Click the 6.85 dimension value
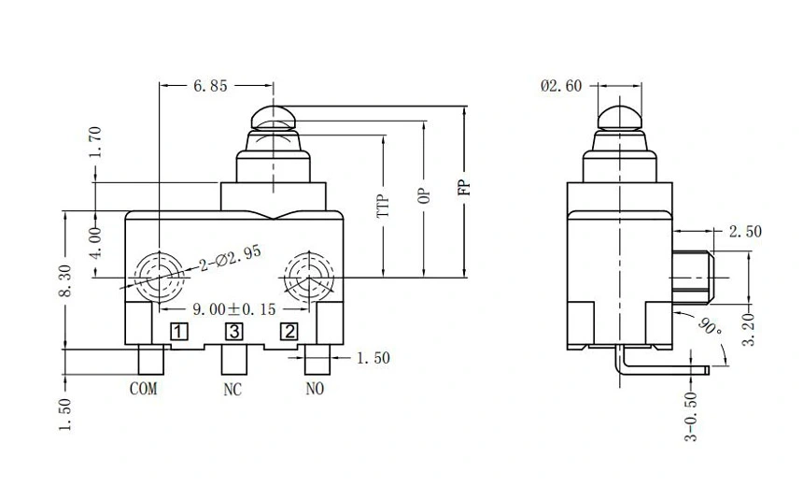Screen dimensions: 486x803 [x=210, y=86]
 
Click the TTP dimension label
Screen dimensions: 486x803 [x=382, y=206]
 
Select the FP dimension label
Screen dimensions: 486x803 [x=464, y=186]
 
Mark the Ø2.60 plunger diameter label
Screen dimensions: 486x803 [x=560, y=86]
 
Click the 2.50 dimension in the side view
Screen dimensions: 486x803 [x=745, y=231]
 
